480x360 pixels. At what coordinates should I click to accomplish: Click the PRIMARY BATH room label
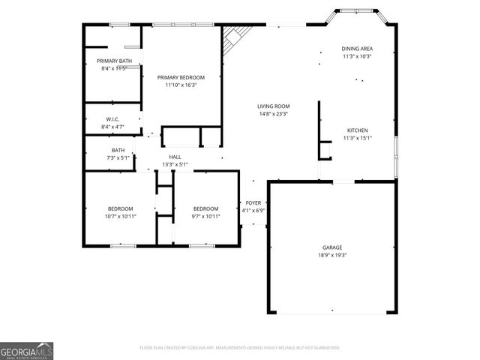coord(114,61)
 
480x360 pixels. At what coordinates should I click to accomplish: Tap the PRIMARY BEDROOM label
coord(181,77)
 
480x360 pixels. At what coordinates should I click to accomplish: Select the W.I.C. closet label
coord(113,119)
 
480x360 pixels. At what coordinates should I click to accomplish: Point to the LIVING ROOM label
coord(274,106)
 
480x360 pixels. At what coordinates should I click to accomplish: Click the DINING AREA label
coord(357,49)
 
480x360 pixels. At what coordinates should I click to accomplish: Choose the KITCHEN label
coord(357,130)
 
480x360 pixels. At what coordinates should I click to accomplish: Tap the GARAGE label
coord(332,247)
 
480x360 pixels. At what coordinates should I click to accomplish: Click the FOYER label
coord(253,203)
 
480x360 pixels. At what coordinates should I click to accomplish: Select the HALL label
coord(175,157)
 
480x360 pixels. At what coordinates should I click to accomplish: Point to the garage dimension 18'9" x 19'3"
coord(332,255)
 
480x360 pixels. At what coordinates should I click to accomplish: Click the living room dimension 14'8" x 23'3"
coord(274,114)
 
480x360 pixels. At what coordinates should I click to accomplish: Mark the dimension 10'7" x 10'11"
coord(120,216)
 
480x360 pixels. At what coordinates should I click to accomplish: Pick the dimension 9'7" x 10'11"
coord(205,216)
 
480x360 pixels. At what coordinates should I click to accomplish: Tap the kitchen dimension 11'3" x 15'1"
coord(357,137)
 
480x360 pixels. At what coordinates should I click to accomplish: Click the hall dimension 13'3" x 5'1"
coord(175,164)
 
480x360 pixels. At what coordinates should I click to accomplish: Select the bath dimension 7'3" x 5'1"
coord(118,157)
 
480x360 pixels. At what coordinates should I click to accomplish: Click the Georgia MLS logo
coord(26,351)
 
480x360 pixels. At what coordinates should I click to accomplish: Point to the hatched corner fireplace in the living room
coord(235,37)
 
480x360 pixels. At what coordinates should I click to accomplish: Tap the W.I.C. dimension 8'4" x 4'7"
coord(113,127)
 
